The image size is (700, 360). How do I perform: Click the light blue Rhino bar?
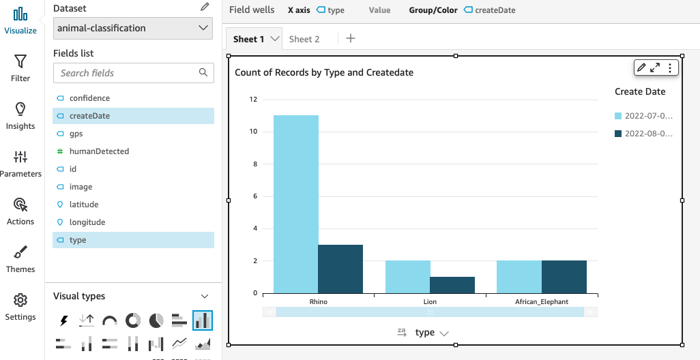[295, 205]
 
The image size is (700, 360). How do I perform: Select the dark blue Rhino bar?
[340, 269]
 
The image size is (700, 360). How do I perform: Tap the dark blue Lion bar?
[452, 285]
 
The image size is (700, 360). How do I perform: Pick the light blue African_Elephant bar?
[519, 277]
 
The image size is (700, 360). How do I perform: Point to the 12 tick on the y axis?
[253, 100]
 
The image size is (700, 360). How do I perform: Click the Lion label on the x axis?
[430, 301]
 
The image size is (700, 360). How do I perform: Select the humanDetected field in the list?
[99, 151]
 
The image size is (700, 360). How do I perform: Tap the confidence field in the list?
[89, 98]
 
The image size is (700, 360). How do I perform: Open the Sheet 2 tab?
[304, 40]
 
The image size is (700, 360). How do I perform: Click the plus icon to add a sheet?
[351, 39]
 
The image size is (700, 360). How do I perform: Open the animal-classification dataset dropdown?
[133, 28]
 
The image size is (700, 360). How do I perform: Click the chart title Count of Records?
[324, 72]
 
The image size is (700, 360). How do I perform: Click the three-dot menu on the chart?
[670, 67]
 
